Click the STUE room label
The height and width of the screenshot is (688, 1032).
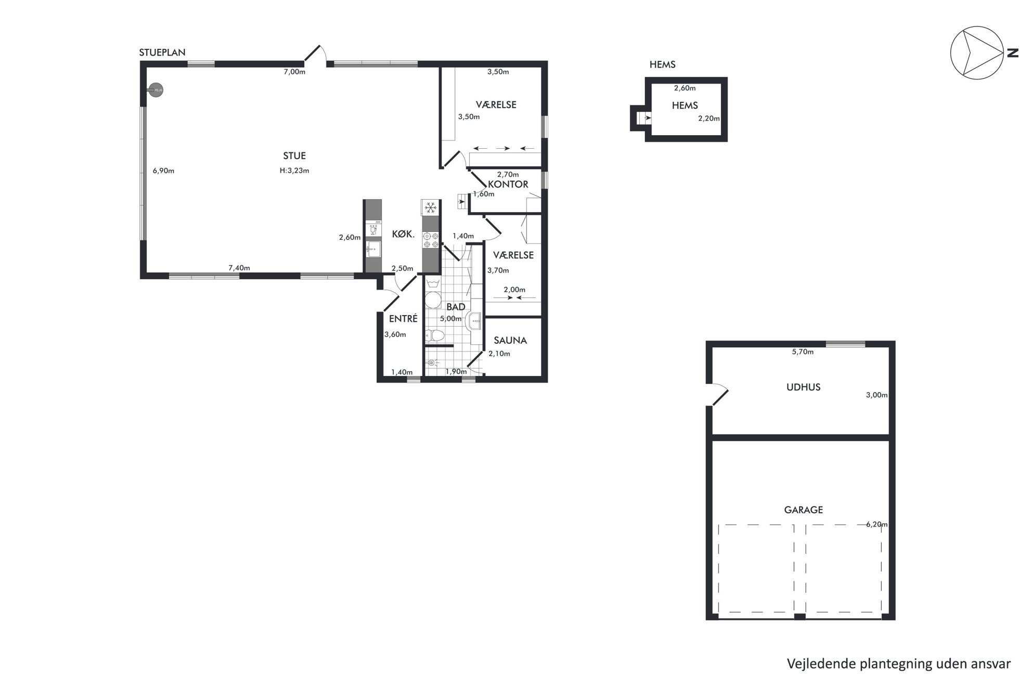pyautogui.click(x=294, y=155)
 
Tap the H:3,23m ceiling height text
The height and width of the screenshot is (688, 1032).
pyautogui.click(x=294, y=171)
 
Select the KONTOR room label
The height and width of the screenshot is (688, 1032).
pyautogui.click(x=508, y=184)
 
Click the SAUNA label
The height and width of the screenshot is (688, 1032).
pyautogui.click(x=510, y=340)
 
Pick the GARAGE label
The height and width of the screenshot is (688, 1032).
pyautogui.click(x=803, y=510)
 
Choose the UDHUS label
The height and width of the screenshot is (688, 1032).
pyautogui.click(x=803, y=387)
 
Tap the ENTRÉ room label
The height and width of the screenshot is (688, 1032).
pyautogui.click(x=403, y=319)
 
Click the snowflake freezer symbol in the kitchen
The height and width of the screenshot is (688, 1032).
pyautogui.click(x=430, y=208)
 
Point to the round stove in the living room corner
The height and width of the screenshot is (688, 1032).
pyautogui.click(x=156, y=90)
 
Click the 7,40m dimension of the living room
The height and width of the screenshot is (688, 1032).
pyautogui.click(x=239, y=268)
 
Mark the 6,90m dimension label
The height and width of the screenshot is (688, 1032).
pyautogui.click(x=163, y=171)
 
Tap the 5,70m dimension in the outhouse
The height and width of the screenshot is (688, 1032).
pyautogui.click(x=803, y=352)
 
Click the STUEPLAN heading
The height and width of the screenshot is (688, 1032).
pyautogui.click(x=162, y=53)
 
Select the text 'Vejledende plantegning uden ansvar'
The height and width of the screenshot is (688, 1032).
pyautogui.click(x=899, y=664)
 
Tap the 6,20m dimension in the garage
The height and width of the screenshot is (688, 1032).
pyautogui.click(x=876, y=524)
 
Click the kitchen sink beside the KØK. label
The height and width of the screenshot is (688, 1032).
pyautogui.click(x=373, y=249)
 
